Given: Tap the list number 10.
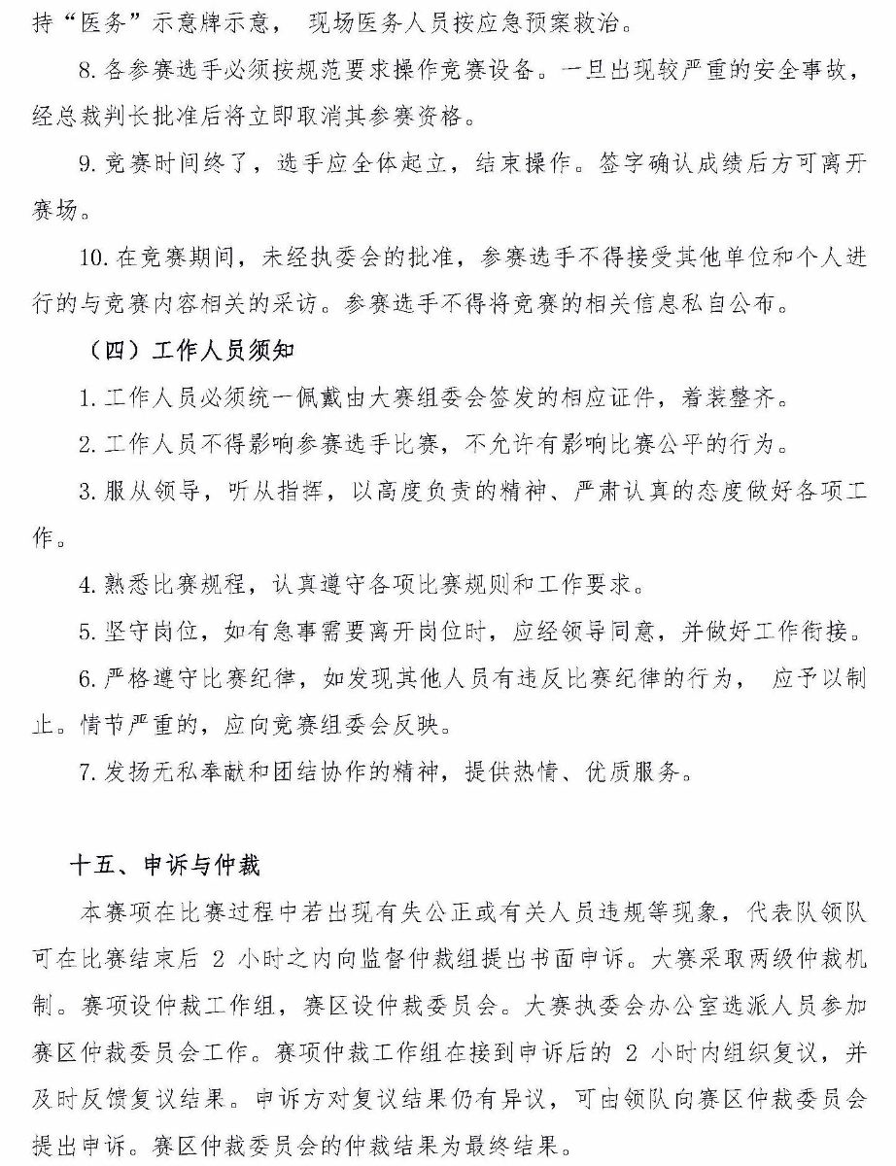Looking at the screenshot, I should (92, 257).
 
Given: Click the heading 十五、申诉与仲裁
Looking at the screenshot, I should (166, 865).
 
